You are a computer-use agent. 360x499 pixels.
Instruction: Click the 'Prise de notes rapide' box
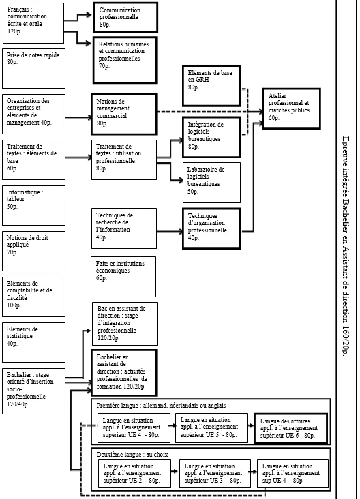(x=33, y=68)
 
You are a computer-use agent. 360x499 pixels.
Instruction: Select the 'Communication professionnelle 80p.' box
(x=125, y=18)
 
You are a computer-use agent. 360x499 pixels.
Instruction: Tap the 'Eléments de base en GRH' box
(x=211, y=86)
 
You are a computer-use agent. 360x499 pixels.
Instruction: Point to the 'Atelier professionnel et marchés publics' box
(x=291, y=108)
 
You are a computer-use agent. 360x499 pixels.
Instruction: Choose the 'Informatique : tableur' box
(x=33, y=206)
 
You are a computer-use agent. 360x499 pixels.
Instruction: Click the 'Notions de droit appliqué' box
(x=33, y=251)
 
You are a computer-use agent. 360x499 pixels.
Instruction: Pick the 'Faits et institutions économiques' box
(x=123, y=277)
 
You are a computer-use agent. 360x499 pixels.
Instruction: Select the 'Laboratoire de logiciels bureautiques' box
(x=211, y=183)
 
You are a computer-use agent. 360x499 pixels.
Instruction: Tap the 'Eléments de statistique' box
(x=33, y=342)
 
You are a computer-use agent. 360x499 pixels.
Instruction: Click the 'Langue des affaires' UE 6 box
(x=291, y=428)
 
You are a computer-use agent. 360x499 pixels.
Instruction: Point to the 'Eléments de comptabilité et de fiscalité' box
(x=33, y=297)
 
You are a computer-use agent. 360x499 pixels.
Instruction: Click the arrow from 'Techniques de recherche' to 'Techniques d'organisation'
(x=170, y=231)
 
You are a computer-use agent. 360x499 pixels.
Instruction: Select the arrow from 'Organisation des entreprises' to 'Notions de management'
(x=78, y=117)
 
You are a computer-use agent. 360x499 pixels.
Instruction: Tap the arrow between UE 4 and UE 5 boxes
(x=172, y=425)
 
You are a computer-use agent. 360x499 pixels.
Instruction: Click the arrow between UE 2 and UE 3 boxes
(x=175, y=471)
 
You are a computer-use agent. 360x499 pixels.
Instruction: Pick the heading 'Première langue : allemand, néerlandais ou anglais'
(x=161, y=406)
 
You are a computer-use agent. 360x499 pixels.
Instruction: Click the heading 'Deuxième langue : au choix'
(x=132, y=455)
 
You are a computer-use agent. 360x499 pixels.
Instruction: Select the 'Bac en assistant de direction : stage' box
(x=125, y=324)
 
